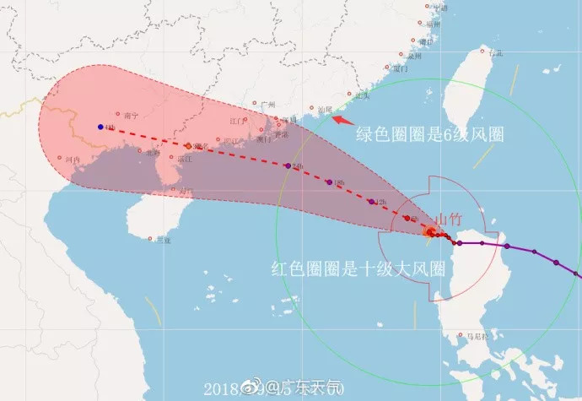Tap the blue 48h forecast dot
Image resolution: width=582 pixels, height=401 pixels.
(x=100, y=127)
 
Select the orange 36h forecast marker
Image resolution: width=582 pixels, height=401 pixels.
(x=188, y=145)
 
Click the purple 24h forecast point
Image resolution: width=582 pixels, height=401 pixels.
(x=288, y=165)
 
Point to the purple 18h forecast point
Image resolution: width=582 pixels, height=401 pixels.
(x=329, y=182)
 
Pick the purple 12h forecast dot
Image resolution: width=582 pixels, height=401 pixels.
(x=372, y=202)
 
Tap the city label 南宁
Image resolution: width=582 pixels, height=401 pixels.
(x=129, y=116)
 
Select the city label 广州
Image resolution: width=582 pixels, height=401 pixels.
(x=269, y=106)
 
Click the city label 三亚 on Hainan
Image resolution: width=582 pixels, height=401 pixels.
(x=163, y=241)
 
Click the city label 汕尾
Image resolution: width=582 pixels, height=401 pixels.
(x=323, y=109)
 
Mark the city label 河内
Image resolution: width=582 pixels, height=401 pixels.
(x=73, y=159)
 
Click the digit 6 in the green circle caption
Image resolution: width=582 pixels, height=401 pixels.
(x=447, y=135)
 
